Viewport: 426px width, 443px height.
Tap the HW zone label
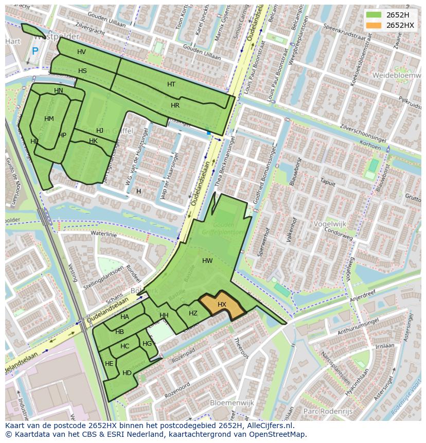coord(207,261)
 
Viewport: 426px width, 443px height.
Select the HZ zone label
coord(193,313)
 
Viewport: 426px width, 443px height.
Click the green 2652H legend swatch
coord(374,15)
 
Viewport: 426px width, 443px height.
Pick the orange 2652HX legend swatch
coord(374,25)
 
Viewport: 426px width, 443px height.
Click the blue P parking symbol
coord(35,51)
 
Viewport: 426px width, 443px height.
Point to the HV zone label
coord(81,52)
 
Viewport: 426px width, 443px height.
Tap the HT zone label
coord(171,84)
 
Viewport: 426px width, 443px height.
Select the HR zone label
coord(175,105)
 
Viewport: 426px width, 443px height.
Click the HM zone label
coord(49,119)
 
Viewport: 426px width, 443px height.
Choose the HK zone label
coord(93,141)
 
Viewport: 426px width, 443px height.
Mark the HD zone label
coord(127,373)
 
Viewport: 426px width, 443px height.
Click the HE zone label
coord(109,364)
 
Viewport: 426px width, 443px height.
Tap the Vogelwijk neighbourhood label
coord(330,224)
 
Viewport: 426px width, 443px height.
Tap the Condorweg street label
coord(339,234)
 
